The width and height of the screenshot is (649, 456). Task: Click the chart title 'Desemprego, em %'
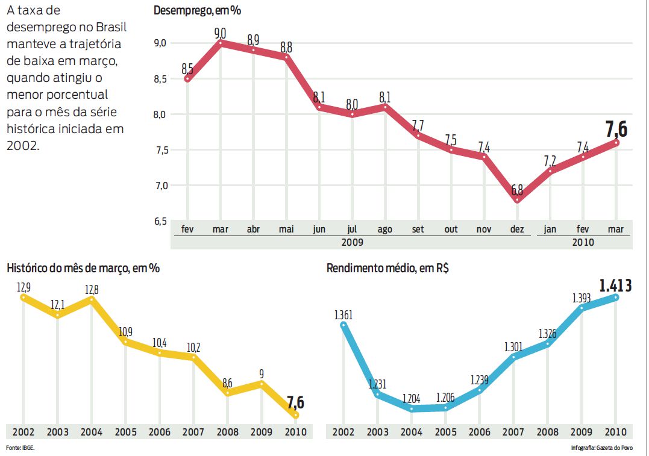(198, 10)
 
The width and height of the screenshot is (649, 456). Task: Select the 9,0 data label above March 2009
(221, 33)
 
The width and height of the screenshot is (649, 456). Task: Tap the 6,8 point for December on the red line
(517, 199)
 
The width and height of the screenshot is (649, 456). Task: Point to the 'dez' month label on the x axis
(516, 230)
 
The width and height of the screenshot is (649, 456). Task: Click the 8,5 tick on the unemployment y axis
(160, 79)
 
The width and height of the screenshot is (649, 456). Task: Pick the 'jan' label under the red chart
(550, 230)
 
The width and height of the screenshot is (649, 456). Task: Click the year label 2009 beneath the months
(353, 242)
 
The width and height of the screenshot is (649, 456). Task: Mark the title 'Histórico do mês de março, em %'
(83, 268)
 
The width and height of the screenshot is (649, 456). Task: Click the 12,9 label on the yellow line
(24, 287)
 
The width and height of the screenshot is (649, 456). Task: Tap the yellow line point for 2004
(92, 299)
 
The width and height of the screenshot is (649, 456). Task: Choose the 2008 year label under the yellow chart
(227, 432)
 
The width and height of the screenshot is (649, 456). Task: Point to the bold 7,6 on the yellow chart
(295, 402)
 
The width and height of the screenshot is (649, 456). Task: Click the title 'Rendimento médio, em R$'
(387, 268)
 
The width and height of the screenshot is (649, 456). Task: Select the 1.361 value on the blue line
(343, 314)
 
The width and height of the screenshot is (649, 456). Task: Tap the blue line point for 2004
(412, 408)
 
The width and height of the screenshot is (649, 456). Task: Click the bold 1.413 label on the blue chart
(615, 284)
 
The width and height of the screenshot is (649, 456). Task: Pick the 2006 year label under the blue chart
(480, 432)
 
